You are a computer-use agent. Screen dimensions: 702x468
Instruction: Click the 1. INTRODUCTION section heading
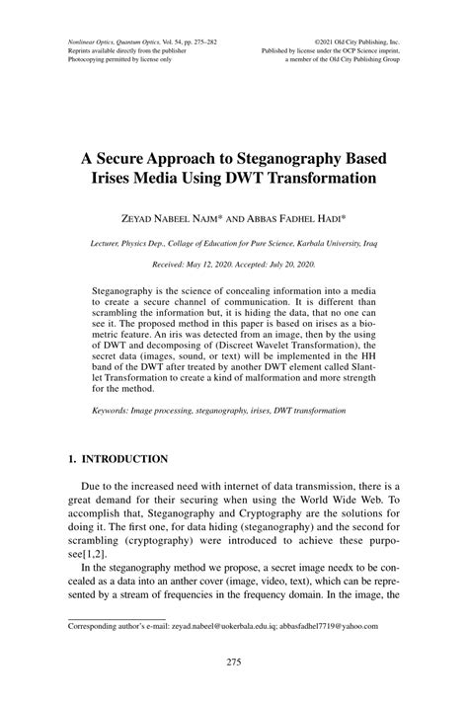point(117,460)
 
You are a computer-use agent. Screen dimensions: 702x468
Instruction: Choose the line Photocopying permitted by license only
point(116,60)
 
